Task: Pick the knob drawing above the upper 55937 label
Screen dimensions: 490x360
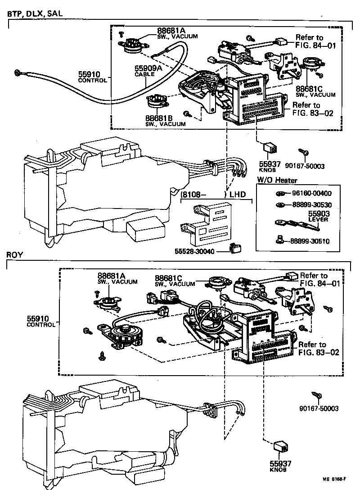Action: tap(270, 147)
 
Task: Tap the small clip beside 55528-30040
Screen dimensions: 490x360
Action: tap(234, 247)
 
